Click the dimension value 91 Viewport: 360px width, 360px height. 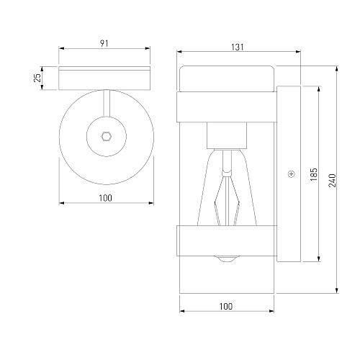coord(104,43)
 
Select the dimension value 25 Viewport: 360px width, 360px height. coord(37,78)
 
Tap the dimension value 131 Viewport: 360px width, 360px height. coord(238,47)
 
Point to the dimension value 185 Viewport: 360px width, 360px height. coord(314,174)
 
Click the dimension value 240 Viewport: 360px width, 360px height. coord(332,181)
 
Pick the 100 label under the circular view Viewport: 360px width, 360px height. coord(106,198)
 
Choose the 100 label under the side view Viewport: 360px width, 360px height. coord(226,306)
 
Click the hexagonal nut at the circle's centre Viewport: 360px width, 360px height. coord(106,136)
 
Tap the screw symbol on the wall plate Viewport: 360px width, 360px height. coord(292,174)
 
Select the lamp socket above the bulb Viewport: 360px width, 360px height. coord(227,135)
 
